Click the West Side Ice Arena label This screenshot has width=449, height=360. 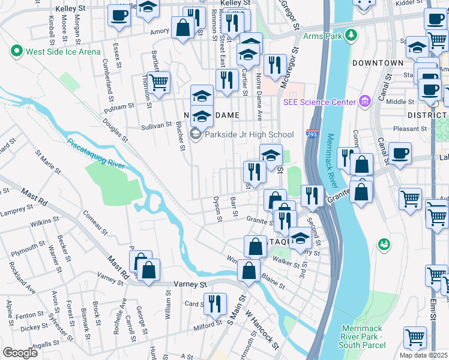(x=63, y=52)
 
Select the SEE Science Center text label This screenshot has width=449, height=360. (x=320, y=102)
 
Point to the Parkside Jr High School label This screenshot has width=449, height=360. (x=249, y=134)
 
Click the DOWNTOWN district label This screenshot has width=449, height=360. (x=378, y=63)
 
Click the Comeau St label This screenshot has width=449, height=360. (x=95, y=222)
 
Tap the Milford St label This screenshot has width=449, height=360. (x=208, y=325)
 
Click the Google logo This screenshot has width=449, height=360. (x=20, y=353)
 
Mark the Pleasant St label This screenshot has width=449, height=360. (x=410, y=128)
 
